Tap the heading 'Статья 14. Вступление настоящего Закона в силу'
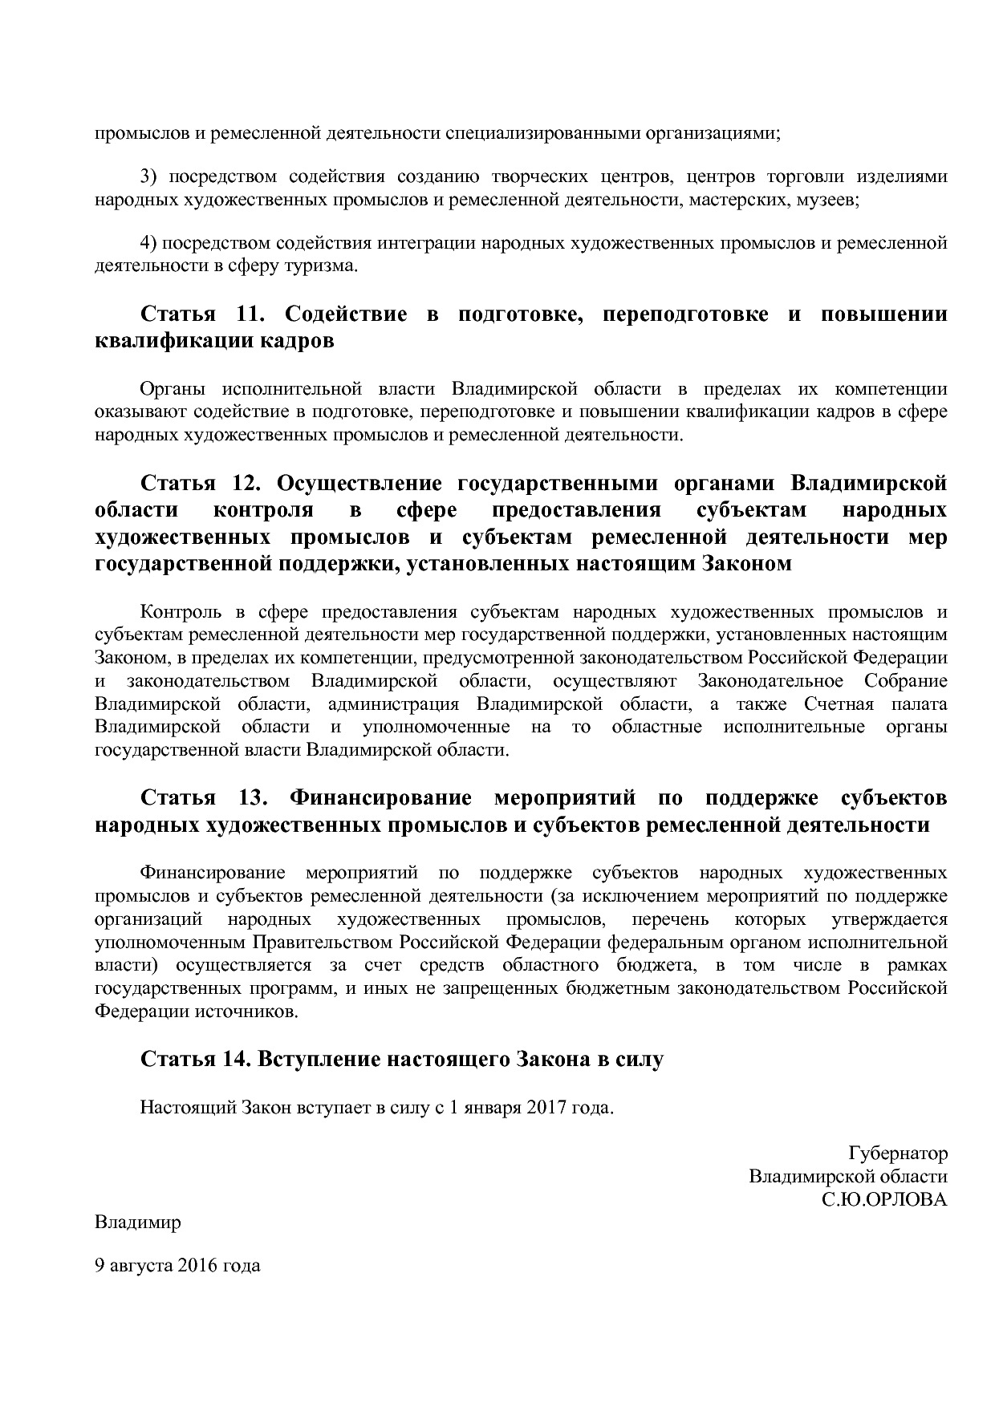pos(402,1059)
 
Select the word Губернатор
pos(897,1154)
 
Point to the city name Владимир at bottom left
pos(138,1223)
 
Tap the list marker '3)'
pos(150,176)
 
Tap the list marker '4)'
pos(150,242)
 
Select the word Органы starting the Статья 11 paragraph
pos(172,389)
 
